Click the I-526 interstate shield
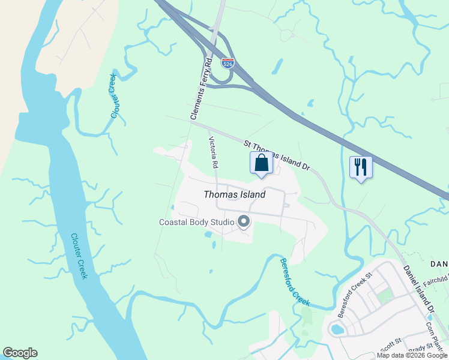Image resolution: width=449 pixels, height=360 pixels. coord(228,62)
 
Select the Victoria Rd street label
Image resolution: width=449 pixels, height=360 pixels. coord(212,152)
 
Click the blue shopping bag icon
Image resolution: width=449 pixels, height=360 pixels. coord(261,163)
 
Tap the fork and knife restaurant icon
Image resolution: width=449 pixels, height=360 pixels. coord(361,167)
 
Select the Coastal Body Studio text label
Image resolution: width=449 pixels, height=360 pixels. coord(196,222)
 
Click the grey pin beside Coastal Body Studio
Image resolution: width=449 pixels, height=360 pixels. coord(244,223)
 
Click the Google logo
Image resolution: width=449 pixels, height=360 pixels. coord(20,353)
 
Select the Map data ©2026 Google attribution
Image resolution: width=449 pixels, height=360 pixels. coord(412,355)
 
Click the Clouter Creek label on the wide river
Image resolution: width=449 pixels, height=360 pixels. coord(79,256)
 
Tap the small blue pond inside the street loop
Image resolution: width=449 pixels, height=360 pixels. coord(336,328)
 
